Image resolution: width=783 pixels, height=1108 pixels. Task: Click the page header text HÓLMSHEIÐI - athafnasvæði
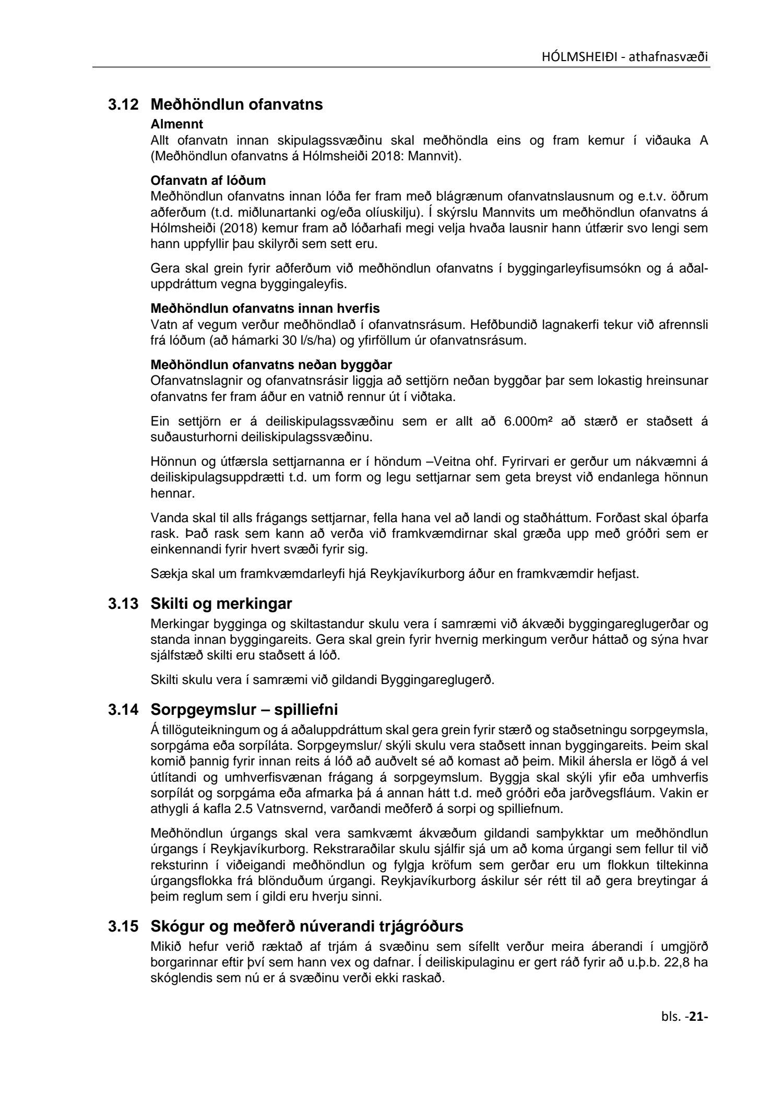click(625, 57)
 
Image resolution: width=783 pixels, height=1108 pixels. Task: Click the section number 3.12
click(123, 105)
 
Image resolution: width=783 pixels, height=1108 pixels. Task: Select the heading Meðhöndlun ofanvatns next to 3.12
click(236, 105)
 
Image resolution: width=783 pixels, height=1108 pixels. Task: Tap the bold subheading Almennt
click(176, 125)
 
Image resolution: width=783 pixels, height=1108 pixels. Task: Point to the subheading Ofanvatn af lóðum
click(208, 181)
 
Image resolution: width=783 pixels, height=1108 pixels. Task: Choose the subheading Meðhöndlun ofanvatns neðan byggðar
click(271, 364)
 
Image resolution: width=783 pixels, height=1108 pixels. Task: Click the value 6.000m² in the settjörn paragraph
click(528, 422)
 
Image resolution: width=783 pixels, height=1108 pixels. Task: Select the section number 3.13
click(123, 604)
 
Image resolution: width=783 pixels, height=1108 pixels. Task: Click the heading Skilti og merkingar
click(221, 604)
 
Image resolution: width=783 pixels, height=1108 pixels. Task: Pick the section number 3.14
click(123, 710)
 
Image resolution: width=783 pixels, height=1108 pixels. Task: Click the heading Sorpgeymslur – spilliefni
click(244, 710)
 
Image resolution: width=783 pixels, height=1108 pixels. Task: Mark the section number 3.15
click(123, 927)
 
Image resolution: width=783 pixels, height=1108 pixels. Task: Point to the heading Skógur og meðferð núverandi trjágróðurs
click(307, 927)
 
